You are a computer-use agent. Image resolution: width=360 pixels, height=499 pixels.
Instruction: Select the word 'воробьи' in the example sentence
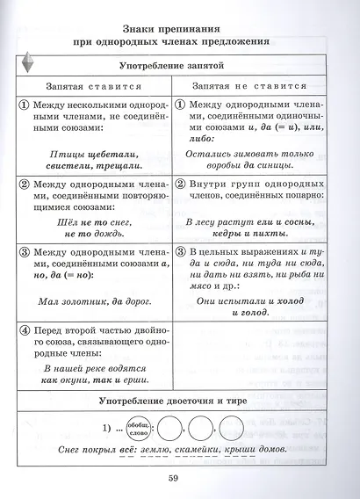tap(219, 167)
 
